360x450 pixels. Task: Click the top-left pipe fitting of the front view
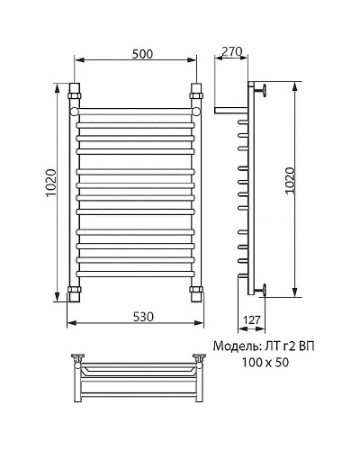[75, 93]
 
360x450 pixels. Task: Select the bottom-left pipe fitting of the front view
[75, 292]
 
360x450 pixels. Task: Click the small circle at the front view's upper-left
[76, 112]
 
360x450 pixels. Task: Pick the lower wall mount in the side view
[262, 290]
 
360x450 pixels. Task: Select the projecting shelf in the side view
[229, 112]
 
